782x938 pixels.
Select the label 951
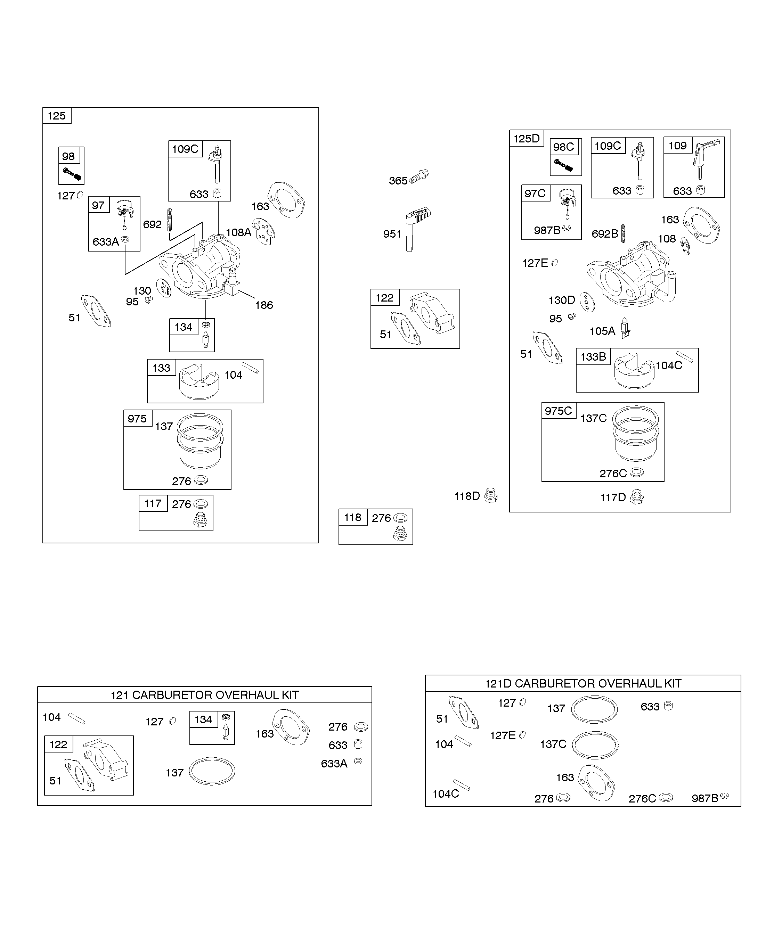[x=392, y=234]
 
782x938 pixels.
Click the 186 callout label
[x=264, y=305]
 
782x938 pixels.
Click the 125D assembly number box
[x=527, y=139]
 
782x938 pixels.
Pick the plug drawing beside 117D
[x=636, y=497]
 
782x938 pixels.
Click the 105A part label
[x=602, y=331]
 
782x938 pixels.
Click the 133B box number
[x=593, y=356]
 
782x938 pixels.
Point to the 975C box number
[x=558, y=411]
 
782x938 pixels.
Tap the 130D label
[x=562, y=300]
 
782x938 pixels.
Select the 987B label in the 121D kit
[x=705, y=798]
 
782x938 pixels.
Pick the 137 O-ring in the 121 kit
[x=212, y=771]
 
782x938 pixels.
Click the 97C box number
[x=535, y=194]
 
